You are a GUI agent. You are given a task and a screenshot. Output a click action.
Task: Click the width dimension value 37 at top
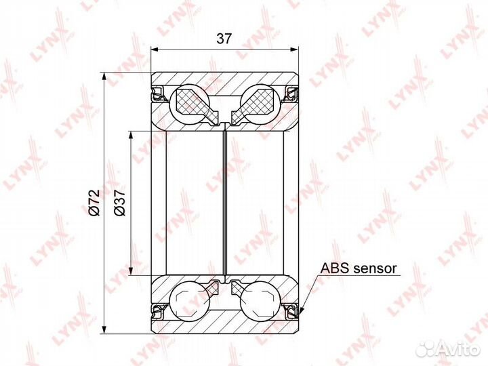(224, 38)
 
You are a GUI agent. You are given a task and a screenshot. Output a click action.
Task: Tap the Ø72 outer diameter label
(94, 202)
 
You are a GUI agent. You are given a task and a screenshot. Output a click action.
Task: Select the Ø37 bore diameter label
(119, 202)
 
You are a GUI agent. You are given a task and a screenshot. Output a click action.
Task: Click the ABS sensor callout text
(359, 268)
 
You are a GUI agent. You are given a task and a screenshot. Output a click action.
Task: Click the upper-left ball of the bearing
(190, 104)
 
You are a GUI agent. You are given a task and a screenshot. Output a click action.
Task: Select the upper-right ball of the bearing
(260, 104)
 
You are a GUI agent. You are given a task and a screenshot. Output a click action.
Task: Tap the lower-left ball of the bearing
(190, 301)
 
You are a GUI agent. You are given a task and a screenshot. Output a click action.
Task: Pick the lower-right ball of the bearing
(260, 301)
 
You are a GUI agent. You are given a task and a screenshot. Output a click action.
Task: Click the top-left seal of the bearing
(157, 93)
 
